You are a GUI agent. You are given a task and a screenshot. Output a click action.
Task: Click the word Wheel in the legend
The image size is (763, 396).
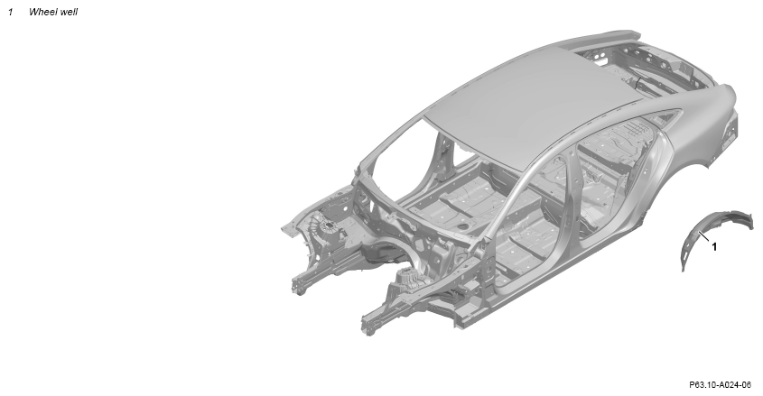coord(42,12)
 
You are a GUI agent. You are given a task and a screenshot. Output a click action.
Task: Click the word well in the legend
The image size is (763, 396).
coord(69,12)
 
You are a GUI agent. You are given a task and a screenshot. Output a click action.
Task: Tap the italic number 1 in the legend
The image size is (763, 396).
coord(10,12)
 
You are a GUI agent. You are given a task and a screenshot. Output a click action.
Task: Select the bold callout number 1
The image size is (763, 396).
coord(714,247)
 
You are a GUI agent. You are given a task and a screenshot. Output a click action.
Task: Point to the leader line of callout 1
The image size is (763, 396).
coord(704,236)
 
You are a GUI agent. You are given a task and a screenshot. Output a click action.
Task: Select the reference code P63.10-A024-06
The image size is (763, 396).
coord(720,385)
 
